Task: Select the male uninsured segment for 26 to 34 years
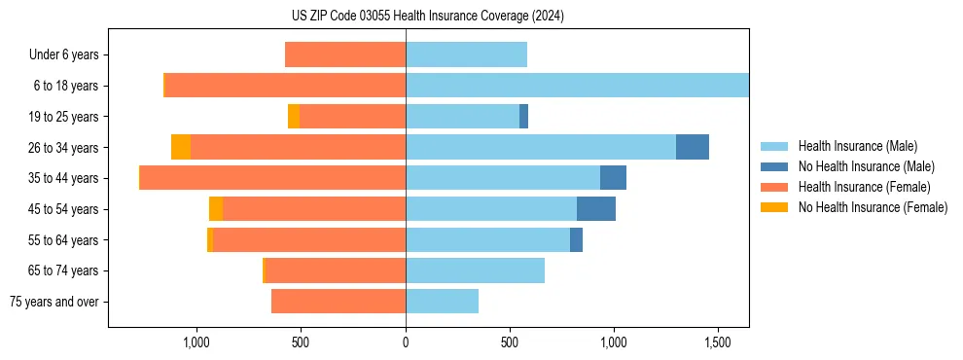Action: [693, 147]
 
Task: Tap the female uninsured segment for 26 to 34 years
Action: [181, 147]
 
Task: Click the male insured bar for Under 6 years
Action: [466, 54]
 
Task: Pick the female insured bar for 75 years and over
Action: [339, 302]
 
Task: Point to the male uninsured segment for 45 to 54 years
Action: [596, 208]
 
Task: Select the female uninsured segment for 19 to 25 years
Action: [294, 116]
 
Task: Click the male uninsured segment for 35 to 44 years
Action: [613, 178]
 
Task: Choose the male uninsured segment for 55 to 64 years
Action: [576, 239]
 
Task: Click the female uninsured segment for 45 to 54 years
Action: [216, 208]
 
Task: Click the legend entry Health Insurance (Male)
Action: [857, 146]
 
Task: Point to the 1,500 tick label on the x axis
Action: [718, 343]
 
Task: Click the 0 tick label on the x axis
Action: [406, 343]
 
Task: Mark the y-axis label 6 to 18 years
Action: [65, 86]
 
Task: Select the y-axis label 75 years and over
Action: [53, 302]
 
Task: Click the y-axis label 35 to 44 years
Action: [64, 178]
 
